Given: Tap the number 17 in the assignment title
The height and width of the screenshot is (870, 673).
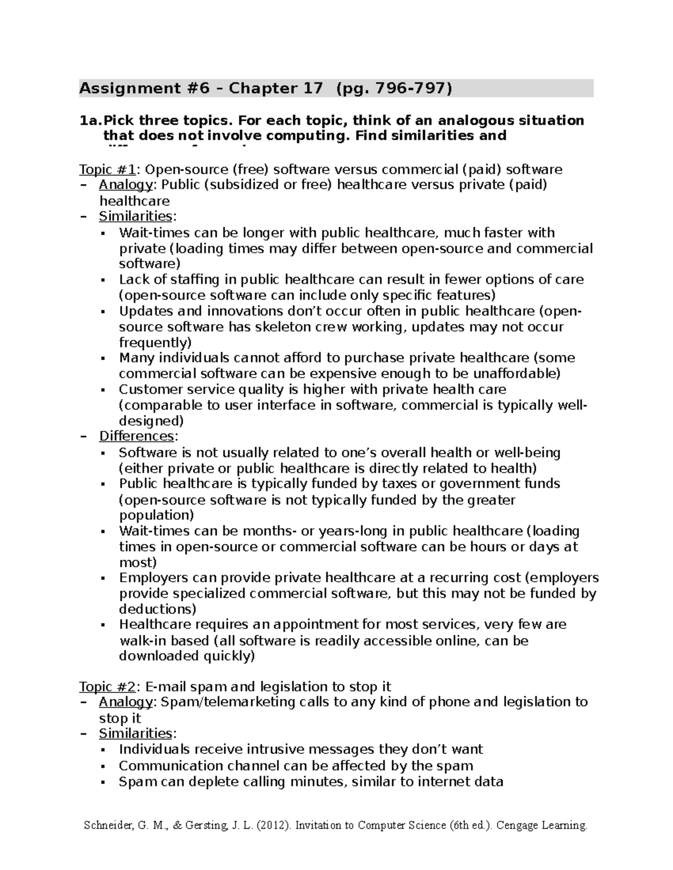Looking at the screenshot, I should tap(312, 89).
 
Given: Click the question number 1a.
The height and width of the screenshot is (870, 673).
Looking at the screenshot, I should tap(89, 120).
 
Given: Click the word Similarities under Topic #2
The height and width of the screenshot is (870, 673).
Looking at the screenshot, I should tap(135, 733).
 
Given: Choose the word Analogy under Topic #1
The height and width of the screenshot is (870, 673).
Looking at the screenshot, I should tap(122, 185).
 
